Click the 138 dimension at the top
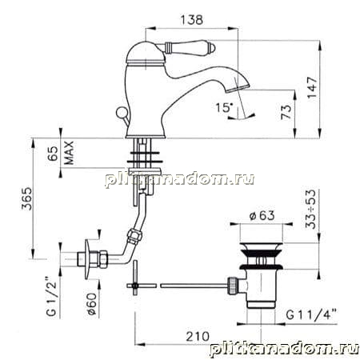pos(192,20)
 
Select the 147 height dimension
pos(312,88)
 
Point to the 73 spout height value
pos(286,112)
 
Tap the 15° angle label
pos(224,107)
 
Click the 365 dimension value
pos(26,198)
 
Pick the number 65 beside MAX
pos(53,154)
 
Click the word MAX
pos(69,153)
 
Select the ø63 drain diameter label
pos(262,215)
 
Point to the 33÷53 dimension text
pos(310,209)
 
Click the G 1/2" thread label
pos(51,296)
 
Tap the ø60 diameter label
pos(91,304)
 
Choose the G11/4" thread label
pos(311,314)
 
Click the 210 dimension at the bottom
pos(198,336)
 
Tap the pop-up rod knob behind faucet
pos(121,111)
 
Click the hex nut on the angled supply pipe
pos(135,236)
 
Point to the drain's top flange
pos(261,246)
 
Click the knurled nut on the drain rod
pos(231,286)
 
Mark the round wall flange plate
pos(87,259)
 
